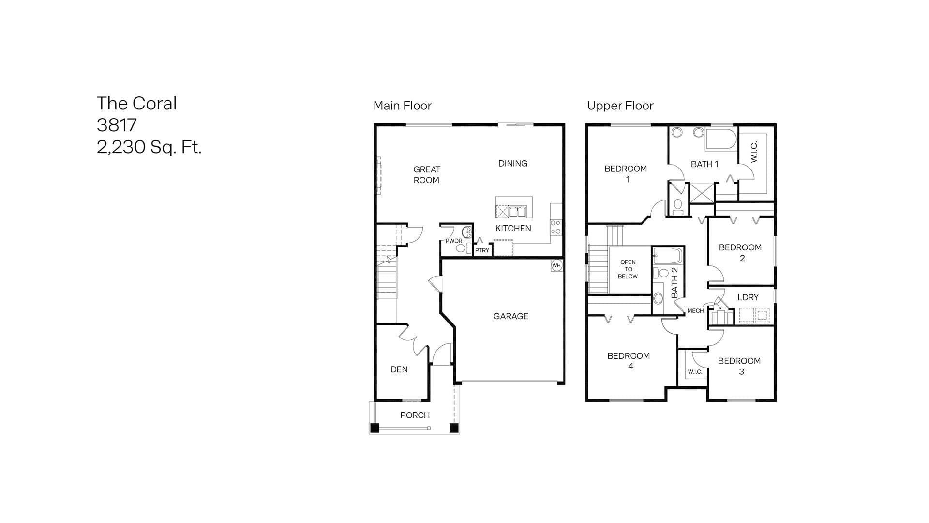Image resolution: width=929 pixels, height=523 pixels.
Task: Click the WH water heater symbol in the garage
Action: [556, 265]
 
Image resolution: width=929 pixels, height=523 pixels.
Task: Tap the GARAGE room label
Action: [511, 316]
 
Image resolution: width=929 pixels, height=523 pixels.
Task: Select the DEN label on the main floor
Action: [399, 369]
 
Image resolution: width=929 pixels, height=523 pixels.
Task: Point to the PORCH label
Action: [415, 415]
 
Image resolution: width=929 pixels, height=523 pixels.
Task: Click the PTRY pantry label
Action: [482, 250]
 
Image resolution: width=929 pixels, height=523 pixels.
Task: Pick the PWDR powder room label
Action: [454, 241]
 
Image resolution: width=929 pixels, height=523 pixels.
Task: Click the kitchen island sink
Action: [517, 212]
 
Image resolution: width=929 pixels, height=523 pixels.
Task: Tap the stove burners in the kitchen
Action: [555, 227]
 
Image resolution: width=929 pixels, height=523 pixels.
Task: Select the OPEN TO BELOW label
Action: [628, 269]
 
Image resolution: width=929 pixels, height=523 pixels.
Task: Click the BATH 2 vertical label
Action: [675, 283]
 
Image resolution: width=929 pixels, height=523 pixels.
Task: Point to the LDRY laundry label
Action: [748, 297]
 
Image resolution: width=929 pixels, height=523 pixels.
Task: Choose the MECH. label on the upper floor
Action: [696, 311]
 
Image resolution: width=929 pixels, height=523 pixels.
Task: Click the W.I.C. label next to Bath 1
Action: [754, 152]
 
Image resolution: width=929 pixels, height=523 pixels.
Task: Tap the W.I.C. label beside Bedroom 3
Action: [695, 372]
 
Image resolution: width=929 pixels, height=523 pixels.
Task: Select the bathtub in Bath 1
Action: [721, 139]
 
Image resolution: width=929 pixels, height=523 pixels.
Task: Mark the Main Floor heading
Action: [403, 106]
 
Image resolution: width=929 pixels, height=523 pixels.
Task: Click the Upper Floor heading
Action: [620, 106]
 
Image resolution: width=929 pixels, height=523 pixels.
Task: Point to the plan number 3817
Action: [117, 125]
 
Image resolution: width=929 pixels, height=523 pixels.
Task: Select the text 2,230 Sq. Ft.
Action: [149, 147]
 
